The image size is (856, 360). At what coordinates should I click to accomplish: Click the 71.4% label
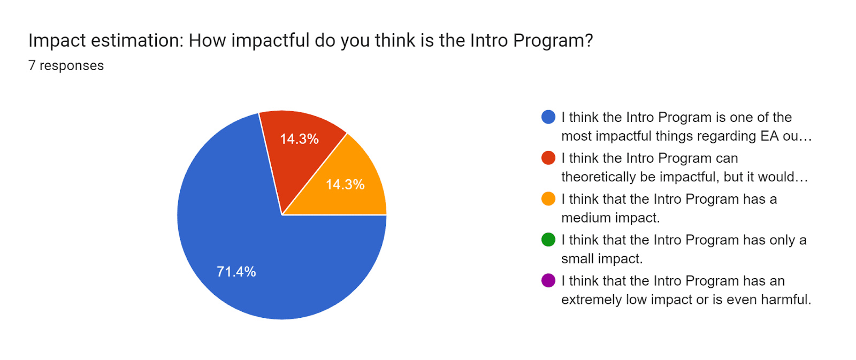coord(236,272)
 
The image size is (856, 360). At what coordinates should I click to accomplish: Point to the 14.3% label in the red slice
coord(299,139)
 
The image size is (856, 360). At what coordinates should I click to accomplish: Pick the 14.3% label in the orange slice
coord(345,185)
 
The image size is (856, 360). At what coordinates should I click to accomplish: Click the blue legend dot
coord(548,117)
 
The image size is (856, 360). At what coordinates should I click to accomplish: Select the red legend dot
coord(548,158)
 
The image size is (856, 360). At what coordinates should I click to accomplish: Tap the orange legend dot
coord(548,199)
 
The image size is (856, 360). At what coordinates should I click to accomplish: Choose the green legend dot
coord(548,240)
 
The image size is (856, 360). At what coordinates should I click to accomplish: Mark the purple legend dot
coord(548,281)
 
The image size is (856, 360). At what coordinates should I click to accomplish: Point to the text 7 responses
coord(66,66)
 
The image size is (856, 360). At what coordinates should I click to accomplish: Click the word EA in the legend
coord(769,136)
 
